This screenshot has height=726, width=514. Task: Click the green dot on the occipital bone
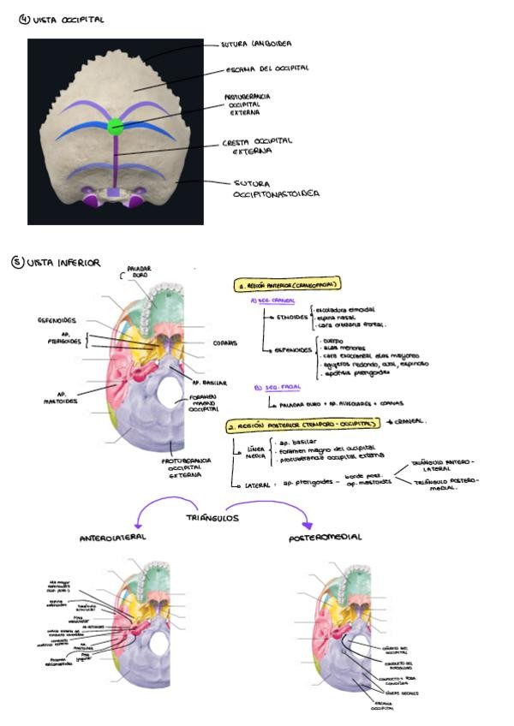(116, 127)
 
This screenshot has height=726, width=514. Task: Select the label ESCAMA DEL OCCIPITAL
(267, 68)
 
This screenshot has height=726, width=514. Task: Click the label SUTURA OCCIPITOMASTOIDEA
(275, 187)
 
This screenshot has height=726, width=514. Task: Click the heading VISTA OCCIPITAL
(68, 20)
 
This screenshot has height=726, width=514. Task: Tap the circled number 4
(24, 20)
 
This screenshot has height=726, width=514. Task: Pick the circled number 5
(17, 262)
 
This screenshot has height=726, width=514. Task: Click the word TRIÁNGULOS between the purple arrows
(212, 519)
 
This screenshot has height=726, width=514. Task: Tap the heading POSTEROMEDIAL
(326, 538)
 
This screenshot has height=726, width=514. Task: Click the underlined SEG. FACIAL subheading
(274, 387)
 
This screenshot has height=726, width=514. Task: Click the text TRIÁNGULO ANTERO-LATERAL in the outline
(442, 464)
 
